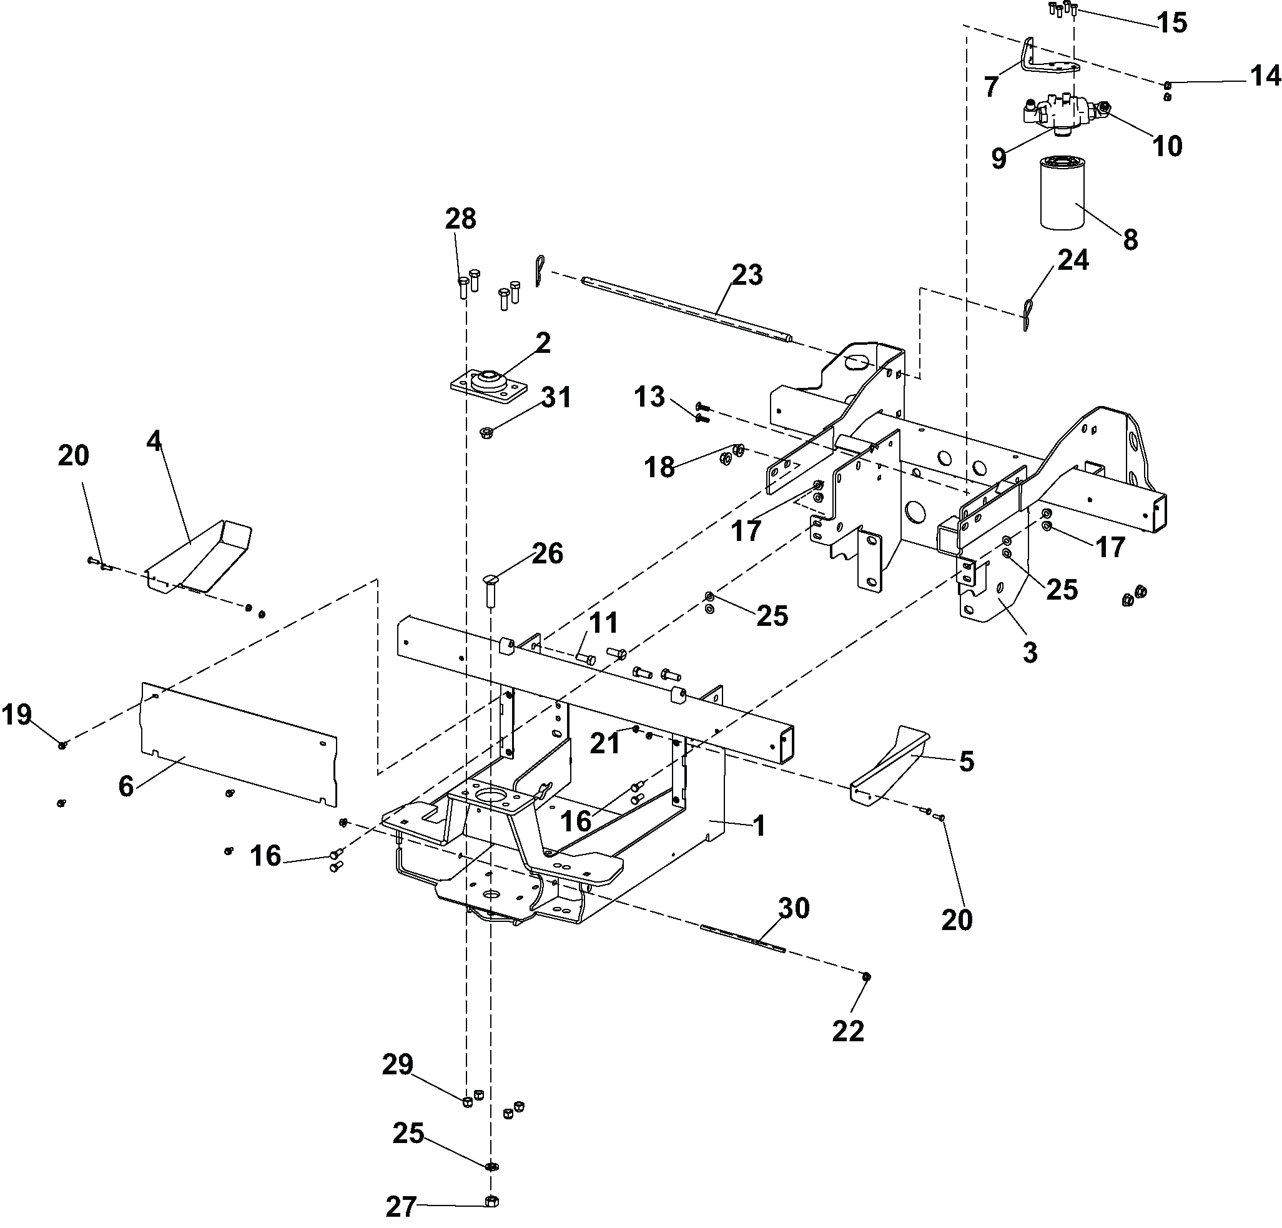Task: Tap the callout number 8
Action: point(1130,240)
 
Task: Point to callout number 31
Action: point(556,397)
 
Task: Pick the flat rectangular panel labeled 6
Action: point(239,744)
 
